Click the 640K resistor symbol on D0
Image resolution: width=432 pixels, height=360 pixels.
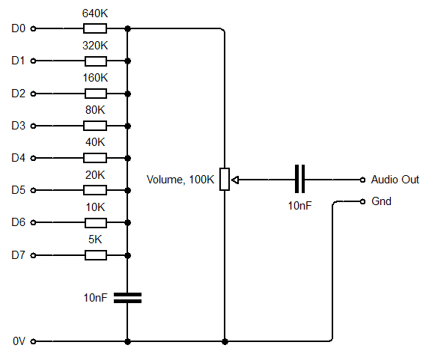pyautogui.click(x=95, y=29)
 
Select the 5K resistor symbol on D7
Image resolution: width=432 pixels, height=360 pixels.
pyautogui.click(x=95, y=255)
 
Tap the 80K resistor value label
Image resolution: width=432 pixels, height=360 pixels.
pyautogui.click(x=95, y=110)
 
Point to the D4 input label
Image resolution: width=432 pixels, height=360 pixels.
pyautogui.click(x=19, y=158)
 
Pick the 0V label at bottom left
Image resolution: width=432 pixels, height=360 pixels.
pyautogui.click(x=19, y=341)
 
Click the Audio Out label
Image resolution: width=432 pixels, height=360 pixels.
pyautogui.click(x=395, y=180)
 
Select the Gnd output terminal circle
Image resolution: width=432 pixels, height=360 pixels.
pyautogui.click(x=362, y=202)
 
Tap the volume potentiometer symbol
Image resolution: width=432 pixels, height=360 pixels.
pyautogui.click(x=225, y=180)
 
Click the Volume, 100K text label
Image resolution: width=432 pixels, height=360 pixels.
pyautogui.click(x=180, y=180)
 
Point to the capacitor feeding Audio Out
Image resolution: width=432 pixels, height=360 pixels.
pyautogui.click(x=299, y=180)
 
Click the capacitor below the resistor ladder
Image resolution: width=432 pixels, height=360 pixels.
pyautogui.click(x=128, y=297)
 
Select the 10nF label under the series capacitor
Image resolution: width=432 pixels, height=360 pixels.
pyautogui.click(x=299, y=205)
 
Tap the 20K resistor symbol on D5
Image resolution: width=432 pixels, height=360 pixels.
pyautogui.click(x=95, y=191)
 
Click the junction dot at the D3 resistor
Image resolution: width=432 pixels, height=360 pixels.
pyautogui.click(x=128, y=126)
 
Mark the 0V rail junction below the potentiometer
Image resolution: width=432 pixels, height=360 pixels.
pyautogui.click(x=225, y=341)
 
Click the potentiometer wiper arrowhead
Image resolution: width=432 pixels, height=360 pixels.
pyautogui.click(x=234, y=180)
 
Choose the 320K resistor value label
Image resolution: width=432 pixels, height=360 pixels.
pyautogui.click(x=95, y=45)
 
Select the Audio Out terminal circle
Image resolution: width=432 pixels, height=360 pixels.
pyautogui.click(x=362, y=180)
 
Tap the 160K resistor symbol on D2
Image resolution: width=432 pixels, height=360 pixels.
pyautogui.click(x=95, y=94)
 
